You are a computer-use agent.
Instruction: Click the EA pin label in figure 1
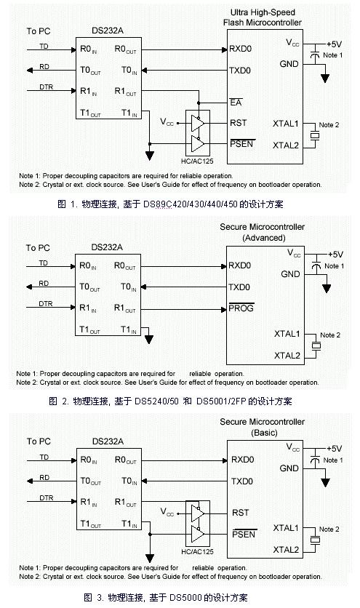236,103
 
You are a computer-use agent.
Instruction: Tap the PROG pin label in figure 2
241,308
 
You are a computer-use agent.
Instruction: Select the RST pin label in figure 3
240,513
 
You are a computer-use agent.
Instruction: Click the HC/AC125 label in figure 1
197,161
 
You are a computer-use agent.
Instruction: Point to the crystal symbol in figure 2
316,345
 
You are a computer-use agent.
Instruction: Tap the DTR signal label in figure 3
46,497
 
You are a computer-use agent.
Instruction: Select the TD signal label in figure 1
44,46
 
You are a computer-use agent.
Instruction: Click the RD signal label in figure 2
44,284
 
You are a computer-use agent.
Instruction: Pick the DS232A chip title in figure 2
107,247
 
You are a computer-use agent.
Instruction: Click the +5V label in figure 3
334,449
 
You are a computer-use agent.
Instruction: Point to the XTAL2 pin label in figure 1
286,145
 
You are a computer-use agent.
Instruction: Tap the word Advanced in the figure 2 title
264,238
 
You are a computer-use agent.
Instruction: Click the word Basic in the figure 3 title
264,432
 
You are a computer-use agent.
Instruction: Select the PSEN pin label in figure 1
241,144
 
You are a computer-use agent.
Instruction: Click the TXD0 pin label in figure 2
239,287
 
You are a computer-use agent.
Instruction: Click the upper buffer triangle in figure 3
198,513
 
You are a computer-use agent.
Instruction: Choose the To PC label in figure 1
39,31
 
